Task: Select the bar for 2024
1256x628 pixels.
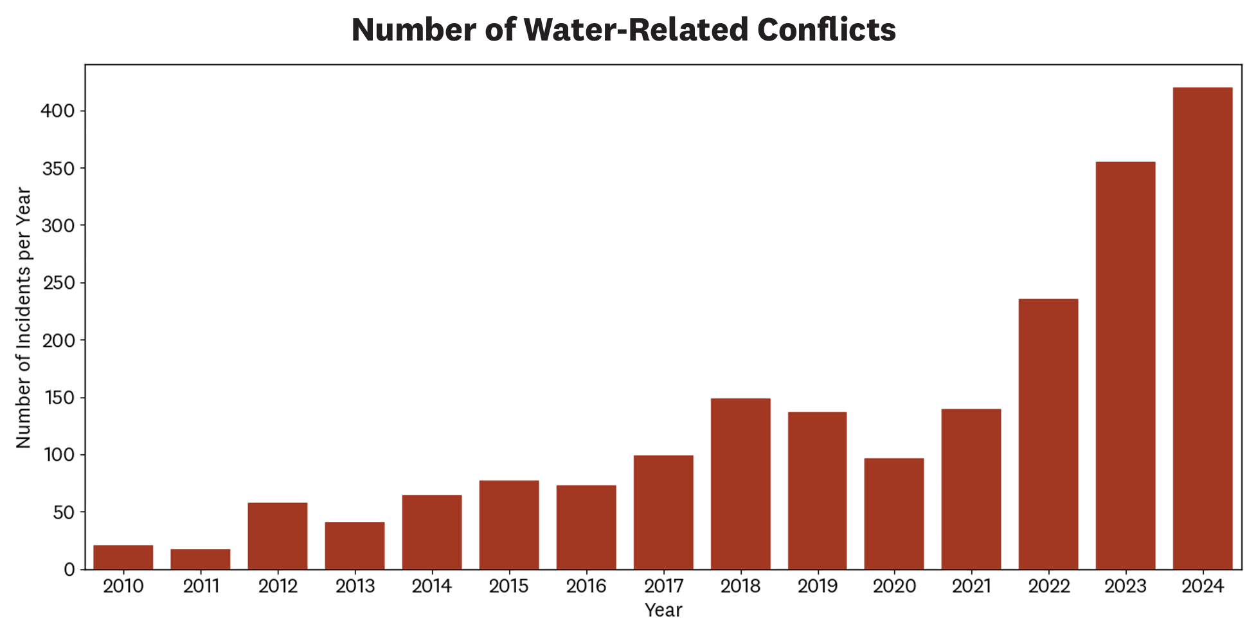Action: [x=1202, y=328]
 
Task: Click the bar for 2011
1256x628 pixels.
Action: [x=201, y=559]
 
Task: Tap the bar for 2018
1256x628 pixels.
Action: [x=740, y=484]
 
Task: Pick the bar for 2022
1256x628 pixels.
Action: [x=1048, y=434]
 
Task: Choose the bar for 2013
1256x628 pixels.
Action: [x=355, y=546]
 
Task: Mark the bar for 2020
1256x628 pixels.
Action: [x=894, y=513]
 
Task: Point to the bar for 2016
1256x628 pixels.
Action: [x=586, y=527]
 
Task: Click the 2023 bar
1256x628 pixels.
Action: [x=1126, y=365]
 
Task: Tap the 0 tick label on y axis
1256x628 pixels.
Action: [x=69, y=570]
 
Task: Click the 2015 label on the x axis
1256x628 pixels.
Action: [x=509, y=587]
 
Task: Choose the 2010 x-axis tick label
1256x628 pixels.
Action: [x=123, y=587]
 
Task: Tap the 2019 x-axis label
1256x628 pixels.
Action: [x=818, y=587]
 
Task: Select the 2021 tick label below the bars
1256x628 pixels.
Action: [x=971, y=587]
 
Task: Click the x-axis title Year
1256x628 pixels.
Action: [x=663, y=610]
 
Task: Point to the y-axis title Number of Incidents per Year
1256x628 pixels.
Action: [x=24, y=318]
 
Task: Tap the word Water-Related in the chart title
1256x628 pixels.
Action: [x=636, y=30]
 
